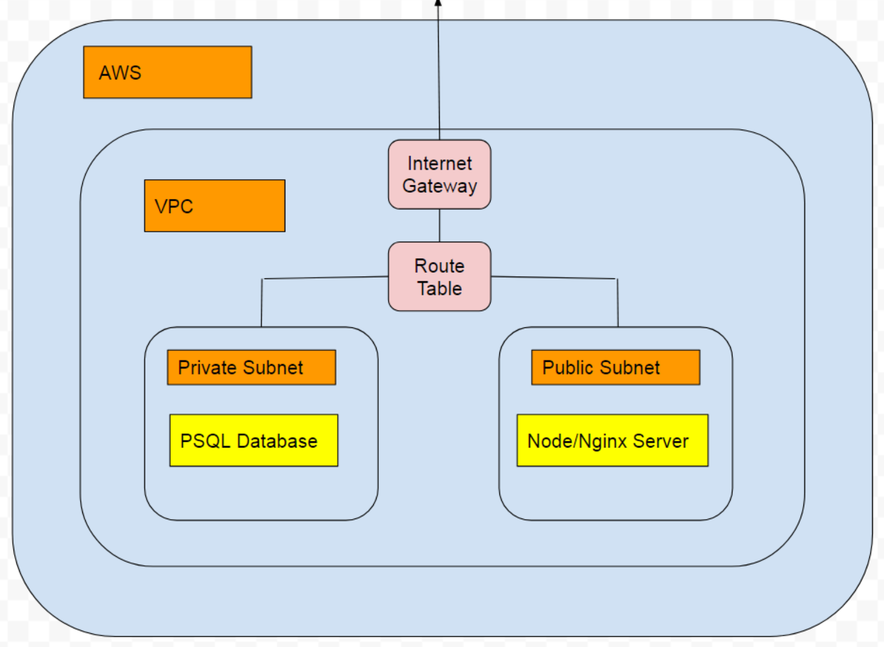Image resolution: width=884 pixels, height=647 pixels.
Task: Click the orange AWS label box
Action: (167, 72)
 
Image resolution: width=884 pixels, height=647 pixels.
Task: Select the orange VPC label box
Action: (214, 206)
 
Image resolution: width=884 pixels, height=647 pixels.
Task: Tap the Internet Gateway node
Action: (439, 174)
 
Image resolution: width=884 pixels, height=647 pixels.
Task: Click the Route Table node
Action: (439, 276)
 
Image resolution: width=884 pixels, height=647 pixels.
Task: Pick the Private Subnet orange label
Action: (251, 367)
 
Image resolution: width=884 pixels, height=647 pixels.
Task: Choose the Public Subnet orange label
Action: (616, 367)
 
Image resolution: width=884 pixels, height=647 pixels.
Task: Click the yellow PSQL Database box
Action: (254, 440)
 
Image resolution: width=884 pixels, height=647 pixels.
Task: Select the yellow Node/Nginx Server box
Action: (612, 440)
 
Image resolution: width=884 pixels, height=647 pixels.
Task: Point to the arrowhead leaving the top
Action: (438, 3)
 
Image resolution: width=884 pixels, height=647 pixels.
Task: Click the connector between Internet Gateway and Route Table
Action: (439, 225)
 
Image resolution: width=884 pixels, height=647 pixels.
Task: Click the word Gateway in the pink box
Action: (439, 186)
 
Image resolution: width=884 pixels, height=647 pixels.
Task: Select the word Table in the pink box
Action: (439, 289)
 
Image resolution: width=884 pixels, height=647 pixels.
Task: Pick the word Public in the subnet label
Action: (567, 367)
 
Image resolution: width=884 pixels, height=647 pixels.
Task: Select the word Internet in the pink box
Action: (439, 163)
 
